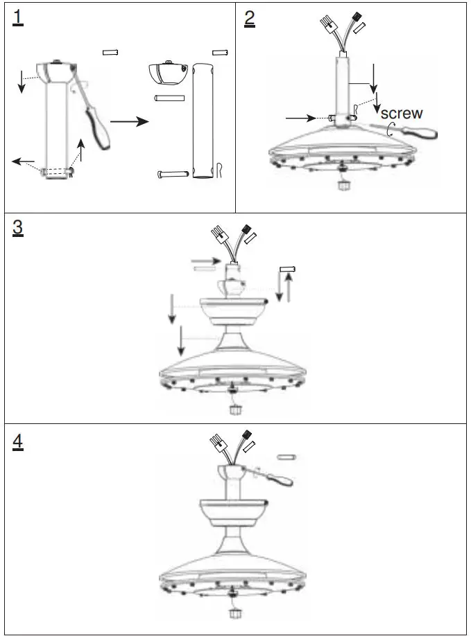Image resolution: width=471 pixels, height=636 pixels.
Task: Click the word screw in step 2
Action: coord(402,113)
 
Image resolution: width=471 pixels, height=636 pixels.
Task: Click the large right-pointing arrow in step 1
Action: coord(130,121)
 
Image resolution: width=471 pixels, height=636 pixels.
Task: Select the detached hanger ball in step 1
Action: coord(168,73)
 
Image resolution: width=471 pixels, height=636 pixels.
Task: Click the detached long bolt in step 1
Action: coord(174,173)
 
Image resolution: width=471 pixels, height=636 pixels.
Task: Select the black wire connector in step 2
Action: coord(359,15)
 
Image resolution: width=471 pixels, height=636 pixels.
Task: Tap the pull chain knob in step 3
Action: coord(234,409)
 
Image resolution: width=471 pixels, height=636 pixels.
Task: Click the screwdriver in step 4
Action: coord(277,478)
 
